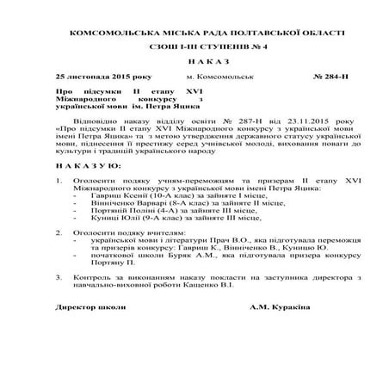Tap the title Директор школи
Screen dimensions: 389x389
(84, 307)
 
